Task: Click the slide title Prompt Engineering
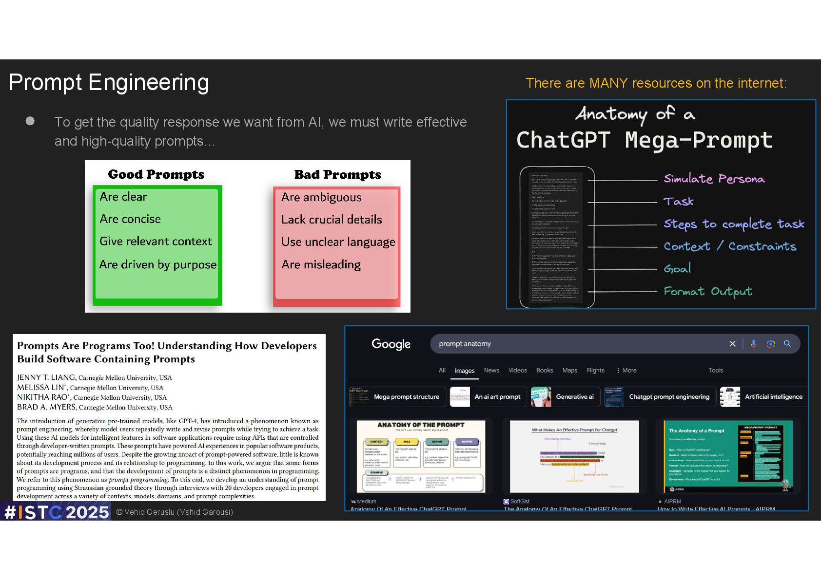pyautogui.click(x=109, y=83)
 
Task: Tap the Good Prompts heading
pyautogui.click(x=156, y=174)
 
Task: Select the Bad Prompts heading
pyautogui.click(x=337, y=174)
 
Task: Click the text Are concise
pyautogui.click(x=130, y=219)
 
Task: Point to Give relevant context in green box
pyautogui.click(x=156, y=242)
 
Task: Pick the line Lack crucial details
pyautogui.click(x=332, y=220)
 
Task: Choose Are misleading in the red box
pyautogui.click(x=321, y=264)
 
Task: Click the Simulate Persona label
pyautogui.click(x=714, y=179)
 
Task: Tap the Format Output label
pyautogui.click(x=707, y=291)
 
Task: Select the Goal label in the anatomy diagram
pyautogui.click(x=677, y=268)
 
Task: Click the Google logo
pyautogui.click(x=391, y=344)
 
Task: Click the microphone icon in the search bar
pyautogui.click(x=753, y=344)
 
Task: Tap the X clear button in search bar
pyautogui.click(x=732, y=344)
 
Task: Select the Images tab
pyautogui.click(x=464, y=371)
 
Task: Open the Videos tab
pyautogui.click(x=517, y=371)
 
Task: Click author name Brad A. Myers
pyautogui.click(x=46, y=407)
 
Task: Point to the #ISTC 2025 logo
pyautogui.click(x=56, y=512)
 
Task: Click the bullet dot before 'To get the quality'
pyautogui.click(x=30, y=121)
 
